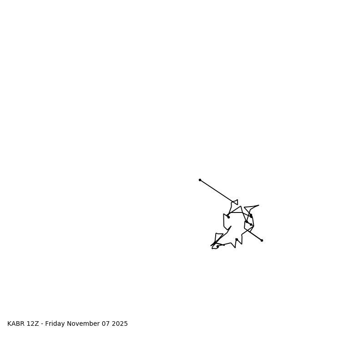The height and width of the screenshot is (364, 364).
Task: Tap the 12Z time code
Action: pos(33,324)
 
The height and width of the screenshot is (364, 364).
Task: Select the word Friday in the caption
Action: pos(55,324)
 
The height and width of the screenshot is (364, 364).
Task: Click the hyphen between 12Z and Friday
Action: pos(42,324)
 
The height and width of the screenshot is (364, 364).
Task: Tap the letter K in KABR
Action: pos(10,324)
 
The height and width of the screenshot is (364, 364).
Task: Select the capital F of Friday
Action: pos(47,324)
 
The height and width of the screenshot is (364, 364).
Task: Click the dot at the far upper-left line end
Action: pos(200,180)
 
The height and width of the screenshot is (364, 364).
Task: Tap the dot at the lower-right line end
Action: pos(262,240)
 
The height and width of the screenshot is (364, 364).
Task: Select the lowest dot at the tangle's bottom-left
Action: pos(217,247)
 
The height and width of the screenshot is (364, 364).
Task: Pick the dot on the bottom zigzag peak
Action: pos(237,239)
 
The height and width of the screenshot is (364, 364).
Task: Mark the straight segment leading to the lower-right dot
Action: pos(255,235)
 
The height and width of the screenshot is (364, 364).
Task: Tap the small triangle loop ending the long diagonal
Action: pos(235,202)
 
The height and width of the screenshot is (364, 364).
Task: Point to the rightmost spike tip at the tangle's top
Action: pos(258,205)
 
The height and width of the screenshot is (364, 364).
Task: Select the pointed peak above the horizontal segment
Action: pos(241,207)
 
